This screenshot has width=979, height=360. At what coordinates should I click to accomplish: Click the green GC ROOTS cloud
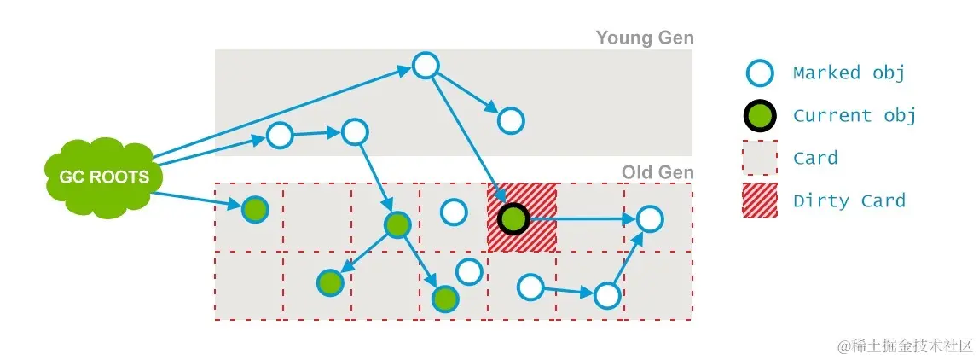[97, 177]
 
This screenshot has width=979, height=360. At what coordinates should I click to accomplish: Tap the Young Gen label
[644, 38]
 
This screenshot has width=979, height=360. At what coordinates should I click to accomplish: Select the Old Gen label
[657, 171]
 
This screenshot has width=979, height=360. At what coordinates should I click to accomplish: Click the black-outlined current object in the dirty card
[513, 218]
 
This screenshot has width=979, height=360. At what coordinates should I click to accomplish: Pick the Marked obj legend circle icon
[759, 73]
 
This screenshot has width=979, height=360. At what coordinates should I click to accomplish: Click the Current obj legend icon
[759, 115]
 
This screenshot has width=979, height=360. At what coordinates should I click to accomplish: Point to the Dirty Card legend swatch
[759, 200]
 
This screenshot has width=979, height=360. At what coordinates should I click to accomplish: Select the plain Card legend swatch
[759, 158]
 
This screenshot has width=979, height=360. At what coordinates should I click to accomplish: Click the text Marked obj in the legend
[848, 73]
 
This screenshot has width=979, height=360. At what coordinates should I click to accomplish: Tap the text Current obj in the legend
[854, 116]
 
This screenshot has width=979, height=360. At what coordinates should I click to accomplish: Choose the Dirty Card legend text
[848, 201]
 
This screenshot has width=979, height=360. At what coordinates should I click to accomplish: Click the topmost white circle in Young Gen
[426, 66]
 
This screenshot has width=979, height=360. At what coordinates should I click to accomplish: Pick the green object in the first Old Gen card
[254, 209]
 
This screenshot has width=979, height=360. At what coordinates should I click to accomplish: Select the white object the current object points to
[650, 219]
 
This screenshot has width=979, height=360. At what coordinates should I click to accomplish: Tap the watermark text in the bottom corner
[904, 345]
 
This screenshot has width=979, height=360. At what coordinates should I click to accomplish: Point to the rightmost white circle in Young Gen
[511, 121]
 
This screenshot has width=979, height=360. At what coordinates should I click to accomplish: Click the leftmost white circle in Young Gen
[280, 135]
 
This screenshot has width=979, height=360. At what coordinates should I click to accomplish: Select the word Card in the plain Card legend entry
[815, 159]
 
